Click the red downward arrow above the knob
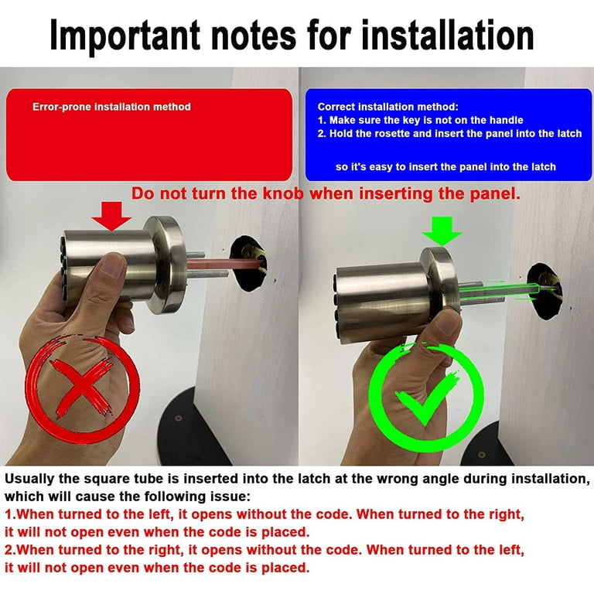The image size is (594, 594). pos(111,216)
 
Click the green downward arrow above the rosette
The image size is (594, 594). pos(442,230)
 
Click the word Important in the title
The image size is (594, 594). pos(125,36)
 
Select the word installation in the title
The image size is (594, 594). pos(447,36)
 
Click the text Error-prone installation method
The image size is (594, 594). pos(111,107)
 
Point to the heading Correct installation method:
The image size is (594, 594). pos(388,107)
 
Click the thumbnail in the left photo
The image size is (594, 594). pos(114,266)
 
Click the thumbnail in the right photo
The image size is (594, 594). pos(446,325)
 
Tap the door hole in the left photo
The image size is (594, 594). pos(249,263)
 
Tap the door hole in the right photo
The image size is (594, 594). pos(544,291)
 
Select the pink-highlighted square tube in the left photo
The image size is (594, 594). pos(224,263)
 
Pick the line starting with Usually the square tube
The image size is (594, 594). pos(297,479)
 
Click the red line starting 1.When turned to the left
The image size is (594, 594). pos(265,514)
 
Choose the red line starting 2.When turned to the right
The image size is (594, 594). pos(265,550)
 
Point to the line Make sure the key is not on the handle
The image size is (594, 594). pos(421,121)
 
